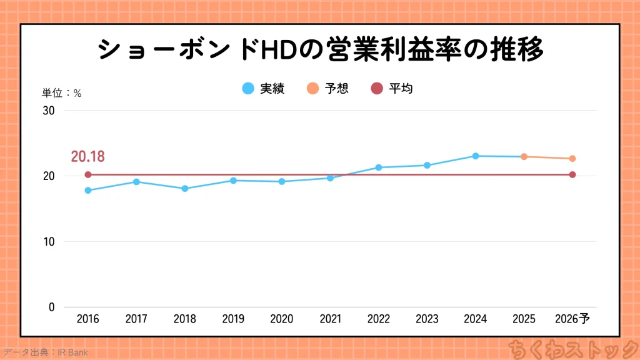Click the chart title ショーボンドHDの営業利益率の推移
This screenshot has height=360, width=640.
[321, 51]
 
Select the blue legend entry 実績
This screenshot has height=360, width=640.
[264, 89]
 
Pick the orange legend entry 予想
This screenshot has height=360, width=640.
[327, 89]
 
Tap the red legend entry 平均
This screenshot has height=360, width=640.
[392, 89]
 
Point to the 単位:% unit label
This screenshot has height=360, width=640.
[61, 93]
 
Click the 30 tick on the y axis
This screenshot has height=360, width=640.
[49, 111]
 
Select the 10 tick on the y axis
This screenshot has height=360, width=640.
[49, 242]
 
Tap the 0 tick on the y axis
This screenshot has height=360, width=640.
[52, 307]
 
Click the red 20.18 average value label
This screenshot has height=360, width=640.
[87, 156]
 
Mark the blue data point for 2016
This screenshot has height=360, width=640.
[88, 191]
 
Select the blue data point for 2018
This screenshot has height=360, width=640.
[185, 189]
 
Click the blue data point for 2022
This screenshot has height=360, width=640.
[379, 167]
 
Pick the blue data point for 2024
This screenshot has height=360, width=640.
[476, 156]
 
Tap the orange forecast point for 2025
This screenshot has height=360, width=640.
[524, 157]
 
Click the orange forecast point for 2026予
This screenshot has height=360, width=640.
[572, 159]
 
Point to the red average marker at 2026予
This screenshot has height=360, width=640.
[572, 175]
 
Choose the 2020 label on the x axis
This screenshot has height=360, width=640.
[282, 319]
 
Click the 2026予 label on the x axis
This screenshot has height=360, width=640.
[572, 319]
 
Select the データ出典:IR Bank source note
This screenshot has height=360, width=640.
[45, 352]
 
